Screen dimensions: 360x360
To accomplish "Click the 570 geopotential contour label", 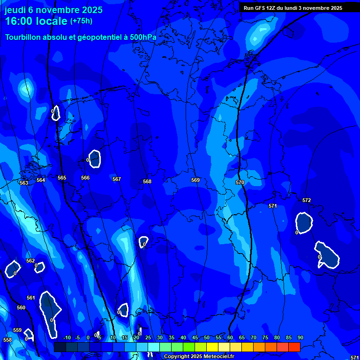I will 240,182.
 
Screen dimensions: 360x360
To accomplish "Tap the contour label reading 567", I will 117,179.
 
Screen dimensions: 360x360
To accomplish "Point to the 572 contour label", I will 307,200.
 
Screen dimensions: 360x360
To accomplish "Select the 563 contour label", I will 24,183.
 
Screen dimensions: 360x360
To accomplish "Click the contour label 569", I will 195,180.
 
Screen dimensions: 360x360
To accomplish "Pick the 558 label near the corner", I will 7,340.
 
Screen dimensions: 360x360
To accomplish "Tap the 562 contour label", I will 30,261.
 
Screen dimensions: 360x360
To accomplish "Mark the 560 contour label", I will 21,307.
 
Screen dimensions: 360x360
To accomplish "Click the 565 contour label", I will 62,178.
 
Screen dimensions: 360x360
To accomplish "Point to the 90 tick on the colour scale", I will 300,338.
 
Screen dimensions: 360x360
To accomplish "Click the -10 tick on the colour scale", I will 67,338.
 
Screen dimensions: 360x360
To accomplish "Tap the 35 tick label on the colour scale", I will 172,338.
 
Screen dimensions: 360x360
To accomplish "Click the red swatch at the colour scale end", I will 294,347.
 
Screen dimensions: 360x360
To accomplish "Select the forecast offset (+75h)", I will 81,21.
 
